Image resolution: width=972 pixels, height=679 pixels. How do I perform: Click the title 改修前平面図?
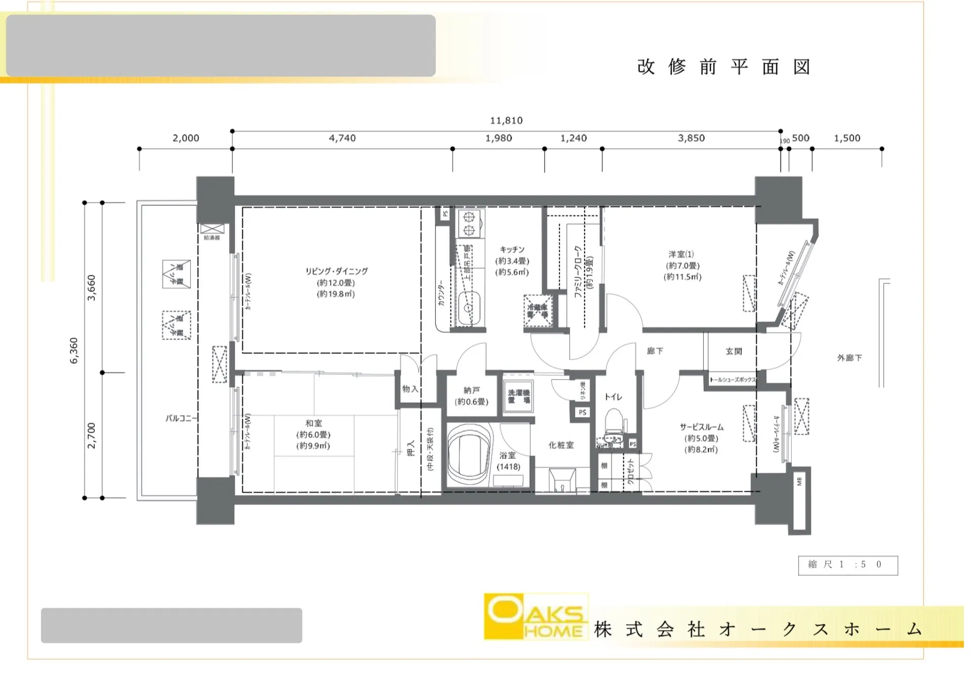pyautogui.click(x=724, y=67)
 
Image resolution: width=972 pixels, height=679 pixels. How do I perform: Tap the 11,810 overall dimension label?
pyautogui.click(x=506, y=120)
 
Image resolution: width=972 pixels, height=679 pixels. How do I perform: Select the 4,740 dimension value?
pyautogui.click(x=342, y=138)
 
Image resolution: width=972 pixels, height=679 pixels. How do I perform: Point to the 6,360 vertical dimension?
pyautogui.click(x=74, y=350)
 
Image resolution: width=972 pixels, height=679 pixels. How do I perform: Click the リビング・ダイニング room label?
pyautogui.click(x=336, y=272)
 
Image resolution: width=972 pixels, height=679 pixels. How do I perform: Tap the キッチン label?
pyautogui.click(x=512, y=249)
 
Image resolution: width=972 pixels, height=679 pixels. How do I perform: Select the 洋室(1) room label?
pyautogui.click(x=681, y=254)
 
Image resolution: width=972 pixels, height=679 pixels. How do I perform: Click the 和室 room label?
pyautogui.click(x=313, y=423)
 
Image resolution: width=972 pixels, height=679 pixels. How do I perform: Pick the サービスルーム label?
pyautogui.click(x=701, y=427)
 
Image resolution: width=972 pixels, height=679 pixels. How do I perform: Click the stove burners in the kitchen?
pyautogui.click(x=469, y=224)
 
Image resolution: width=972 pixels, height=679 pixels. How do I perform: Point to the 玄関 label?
pyautogui.click(x=733, y=351)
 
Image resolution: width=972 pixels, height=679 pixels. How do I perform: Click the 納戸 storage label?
pyautogui.click(x=471, y=390)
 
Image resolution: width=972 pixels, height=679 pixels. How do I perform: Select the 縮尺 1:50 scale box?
pyautogui.click(x=847, y=565)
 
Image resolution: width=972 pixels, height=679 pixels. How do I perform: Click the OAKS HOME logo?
pyautogui.click(x=536, y=616)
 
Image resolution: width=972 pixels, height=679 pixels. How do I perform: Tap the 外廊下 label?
pyautogui.click(x=849, y=358)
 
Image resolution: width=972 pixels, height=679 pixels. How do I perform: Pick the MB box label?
pyautogui.click(x=799, y=482)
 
